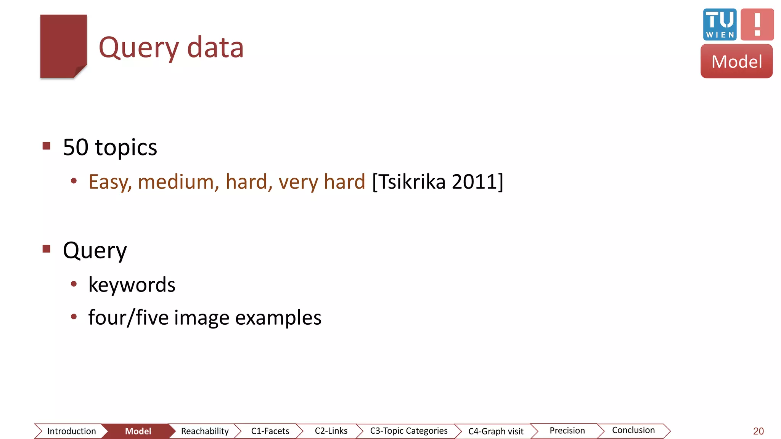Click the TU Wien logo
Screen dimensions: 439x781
[720, 24]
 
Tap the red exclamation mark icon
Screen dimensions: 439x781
[757, 24]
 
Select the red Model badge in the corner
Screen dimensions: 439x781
[736, 61]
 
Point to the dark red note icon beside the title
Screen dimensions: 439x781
[63, 46]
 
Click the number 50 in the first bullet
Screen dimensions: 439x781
[76, 147]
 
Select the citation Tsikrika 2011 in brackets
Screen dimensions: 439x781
[437, 182]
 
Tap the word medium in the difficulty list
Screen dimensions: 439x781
[178, 182]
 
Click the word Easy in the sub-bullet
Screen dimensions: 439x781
[110, 182]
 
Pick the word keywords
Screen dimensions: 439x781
[132, 285]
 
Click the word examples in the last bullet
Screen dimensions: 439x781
[278, 317]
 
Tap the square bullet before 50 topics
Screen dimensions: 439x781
[47, 146]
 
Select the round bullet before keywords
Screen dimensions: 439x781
[74, 284]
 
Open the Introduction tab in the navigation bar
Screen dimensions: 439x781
[71, 431]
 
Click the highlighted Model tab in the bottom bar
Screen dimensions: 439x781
[138, 431]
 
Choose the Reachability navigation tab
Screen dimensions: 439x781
[205, 431]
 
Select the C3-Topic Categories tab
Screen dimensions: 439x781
[408, 431]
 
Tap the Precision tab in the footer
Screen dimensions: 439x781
[567, 431]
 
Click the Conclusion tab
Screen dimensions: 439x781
[633, 430]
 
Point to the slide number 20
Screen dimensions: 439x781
[758, 431]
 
